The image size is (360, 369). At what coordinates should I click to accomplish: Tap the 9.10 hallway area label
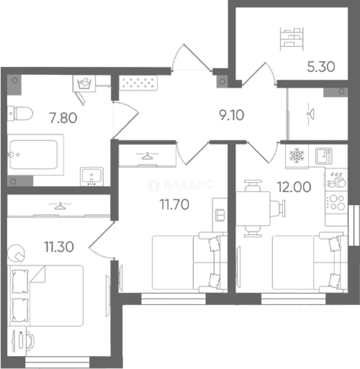tap(231, 115)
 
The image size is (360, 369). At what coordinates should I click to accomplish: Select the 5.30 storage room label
tap(321, 67)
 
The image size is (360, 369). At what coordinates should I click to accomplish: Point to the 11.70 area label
tap(174, 204)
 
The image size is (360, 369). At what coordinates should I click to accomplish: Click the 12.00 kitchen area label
tap(294, 187)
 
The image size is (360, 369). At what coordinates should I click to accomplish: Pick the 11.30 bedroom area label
tap(59, 247)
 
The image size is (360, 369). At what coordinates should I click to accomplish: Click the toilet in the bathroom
tap(20, 113)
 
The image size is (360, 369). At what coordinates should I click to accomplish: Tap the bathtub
tap(35, 155)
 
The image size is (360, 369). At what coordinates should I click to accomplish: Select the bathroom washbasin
tap(92, 176)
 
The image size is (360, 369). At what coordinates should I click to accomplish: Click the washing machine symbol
tap(84, 83)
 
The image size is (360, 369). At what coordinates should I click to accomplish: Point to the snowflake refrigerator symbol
tap(297, 155)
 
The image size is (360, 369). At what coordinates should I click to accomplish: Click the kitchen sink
tap(324, 156)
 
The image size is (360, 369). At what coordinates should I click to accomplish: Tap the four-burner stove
tap(336, 203)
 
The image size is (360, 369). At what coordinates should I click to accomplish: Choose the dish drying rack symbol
tap(336, 180)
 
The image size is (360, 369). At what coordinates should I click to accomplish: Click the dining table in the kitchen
tap(253, 208)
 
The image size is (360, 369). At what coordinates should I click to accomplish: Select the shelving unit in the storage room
tap(292, 39)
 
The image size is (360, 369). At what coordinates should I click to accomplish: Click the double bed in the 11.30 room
tap(45, 296)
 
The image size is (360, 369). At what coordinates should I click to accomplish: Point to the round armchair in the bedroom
tap(16, 254)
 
